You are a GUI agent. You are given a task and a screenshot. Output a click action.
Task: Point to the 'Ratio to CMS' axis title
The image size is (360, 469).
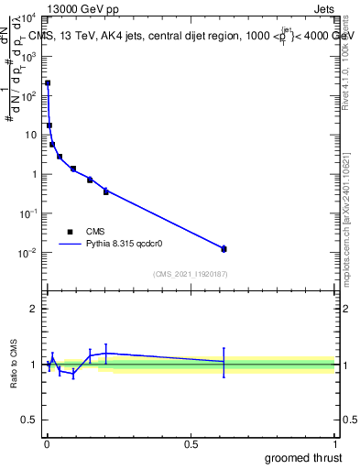(14, 365)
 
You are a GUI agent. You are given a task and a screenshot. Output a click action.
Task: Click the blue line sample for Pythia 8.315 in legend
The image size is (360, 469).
(70, 245)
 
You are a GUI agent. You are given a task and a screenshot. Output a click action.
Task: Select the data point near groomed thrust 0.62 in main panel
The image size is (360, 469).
(224, 248)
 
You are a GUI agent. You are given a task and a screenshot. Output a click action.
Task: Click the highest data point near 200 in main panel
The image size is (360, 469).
(48, 83)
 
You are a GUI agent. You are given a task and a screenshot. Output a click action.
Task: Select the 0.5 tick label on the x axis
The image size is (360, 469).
(191, 443)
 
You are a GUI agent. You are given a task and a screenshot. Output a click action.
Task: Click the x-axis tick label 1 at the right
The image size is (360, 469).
(334, 443)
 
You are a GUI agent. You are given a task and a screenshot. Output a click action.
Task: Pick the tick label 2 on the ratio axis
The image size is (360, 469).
(34, 309)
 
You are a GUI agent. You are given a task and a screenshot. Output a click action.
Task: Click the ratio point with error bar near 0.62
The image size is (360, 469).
(224, 362)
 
